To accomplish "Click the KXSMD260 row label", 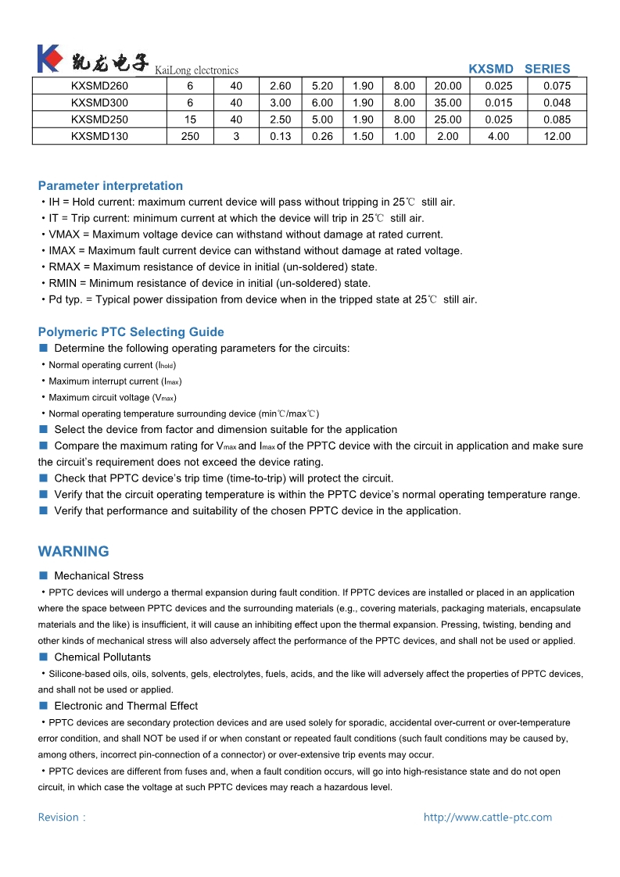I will pyautogui.click(x=99, y=86).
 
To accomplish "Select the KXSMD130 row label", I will pyautogui.click(x=99, y=136).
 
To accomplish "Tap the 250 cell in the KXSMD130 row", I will pyautogui.click(x=190, y=136).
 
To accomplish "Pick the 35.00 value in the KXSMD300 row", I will pyautogui.click(x=448, y=102).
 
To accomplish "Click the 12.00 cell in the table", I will pyautogui.click(x=557, y=136).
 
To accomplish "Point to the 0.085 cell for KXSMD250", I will pyautogui.click(x=557, y=120).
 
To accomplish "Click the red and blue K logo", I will pyautogui.click(x=48, y=59).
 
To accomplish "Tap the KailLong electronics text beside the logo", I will pyautogui.click(x=196, y=70).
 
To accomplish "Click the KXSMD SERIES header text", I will pyautogui.click(x=519, y=69).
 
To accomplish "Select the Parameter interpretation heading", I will pyautogui.click(x=110, y=186).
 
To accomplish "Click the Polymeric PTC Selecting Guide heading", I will pyautogui.click(x=131, y=332).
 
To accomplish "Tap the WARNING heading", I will pyautogui.click(x=73, y=552).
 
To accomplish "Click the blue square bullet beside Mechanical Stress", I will pyautogui.click(x=44, y=575).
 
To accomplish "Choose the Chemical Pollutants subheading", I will pyautogui.click(x=102, y=657).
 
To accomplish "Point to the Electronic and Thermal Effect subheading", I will pyautogui.click(x=126, y=706).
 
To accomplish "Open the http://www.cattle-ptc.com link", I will pyautogui.click(x=487, y=818).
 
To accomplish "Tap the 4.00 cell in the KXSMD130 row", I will pyautogui.click(x=498, y=136).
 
